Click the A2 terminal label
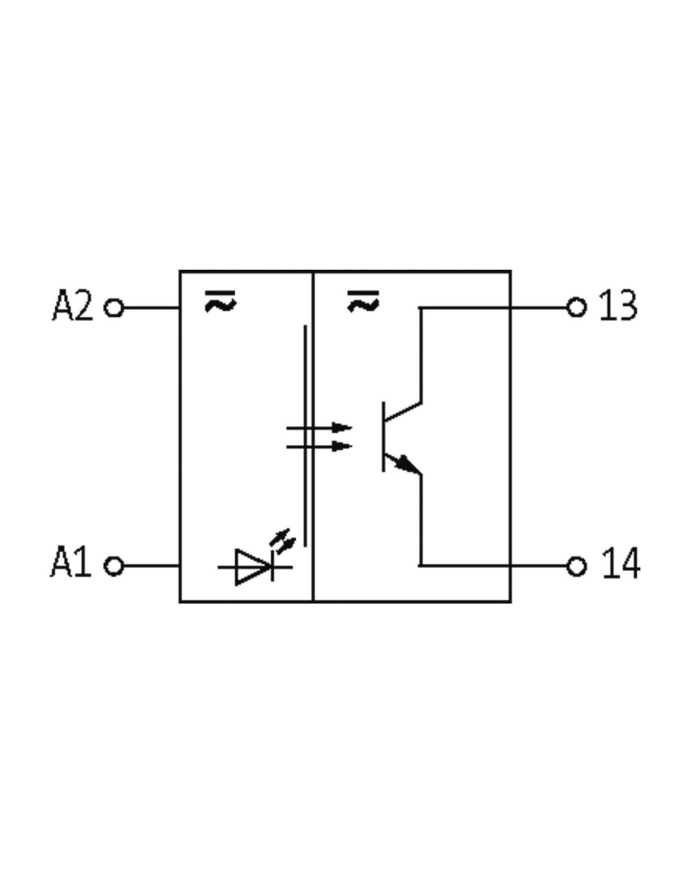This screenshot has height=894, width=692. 72,305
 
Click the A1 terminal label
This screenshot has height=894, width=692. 70,562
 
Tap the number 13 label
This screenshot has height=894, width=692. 618,305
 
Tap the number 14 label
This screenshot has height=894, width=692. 620,563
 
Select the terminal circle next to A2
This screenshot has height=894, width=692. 114,307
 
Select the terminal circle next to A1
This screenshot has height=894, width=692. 114,566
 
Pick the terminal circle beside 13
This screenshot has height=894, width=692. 577,307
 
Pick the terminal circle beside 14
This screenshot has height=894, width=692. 577,566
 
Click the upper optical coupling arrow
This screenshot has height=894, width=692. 319,428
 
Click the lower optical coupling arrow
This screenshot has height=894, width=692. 319,446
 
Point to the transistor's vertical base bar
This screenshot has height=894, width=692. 384,436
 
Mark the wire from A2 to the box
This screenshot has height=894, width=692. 151,307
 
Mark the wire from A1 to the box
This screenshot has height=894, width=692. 151,566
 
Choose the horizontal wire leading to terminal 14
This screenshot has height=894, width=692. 493,566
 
